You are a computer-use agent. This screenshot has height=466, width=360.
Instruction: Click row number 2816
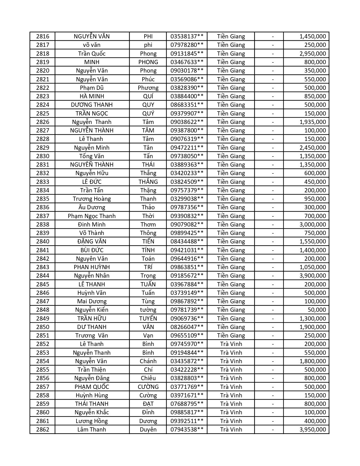(43, 36)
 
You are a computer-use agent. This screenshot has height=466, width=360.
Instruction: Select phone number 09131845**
(187, 54)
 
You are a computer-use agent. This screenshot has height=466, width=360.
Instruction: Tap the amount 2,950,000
(313, 54)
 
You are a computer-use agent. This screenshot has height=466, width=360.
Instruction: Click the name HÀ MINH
(92, 96)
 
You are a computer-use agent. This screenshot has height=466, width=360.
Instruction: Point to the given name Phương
(148, 88)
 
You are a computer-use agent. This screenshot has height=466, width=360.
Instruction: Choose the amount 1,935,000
(313, 122)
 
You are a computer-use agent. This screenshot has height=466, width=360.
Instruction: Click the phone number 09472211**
(187, 148)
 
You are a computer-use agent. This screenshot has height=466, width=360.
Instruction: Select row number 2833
(43, 182)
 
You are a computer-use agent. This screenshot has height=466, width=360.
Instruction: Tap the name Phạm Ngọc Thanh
(92, 216)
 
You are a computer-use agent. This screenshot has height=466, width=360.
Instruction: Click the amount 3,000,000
(313, 225)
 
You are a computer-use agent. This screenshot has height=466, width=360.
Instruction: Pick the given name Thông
(148, 233)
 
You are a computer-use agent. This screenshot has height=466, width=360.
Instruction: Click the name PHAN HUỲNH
(92, 267)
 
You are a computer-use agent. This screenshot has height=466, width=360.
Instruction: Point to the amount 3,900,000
(313, 276)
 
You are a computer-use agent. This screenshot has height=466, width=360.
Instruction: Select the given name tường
(148, 310)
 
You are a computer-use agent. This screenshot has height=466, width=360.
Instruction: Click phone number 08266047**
(187, 327)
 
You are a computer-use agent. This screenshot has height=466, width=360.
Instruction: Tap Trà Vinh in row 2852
(231, 344)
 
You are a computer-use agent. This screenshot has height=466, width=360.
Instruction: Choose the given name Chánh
(148, 361)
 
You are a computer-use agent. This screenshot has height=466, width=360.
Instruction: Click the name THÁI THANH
(92, 404)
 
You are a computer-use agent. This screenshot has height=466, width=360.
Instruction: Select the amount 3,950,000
(313, 430)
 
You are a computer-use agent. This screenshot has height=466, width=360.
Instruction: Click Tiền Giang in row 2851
(231, 336)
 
